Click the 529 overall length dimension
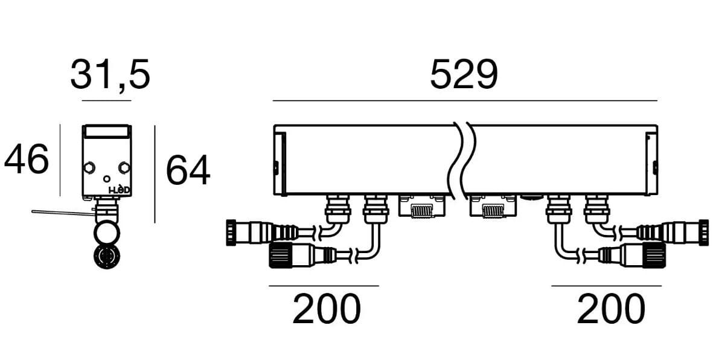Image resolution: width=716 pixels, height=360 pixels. point(464,76)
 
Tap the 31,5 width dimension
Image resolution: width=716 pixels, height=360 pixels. point(109,75)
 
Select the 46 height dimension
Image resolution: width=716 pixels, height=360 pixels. point(27,161)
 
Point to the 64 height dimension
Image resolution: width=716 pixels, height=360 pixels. point(188,170)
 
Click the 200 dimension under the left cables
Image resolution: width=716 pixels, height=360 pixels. point(326,309)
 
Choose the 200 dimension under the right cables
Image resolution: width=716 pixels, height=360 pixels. point(610,309)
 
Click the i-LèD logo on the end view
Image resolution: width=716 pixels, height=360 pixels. point(119,190)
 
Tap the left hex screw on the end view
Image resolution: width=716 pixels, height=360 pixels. point(89,167)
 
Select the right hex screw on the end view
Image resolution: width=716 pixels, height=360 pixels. point(124,167)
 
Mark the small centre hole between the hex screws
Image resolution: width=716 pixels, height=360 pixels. point(107,179)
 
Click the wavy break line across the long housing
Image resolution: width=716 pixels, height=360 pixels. point(462,160)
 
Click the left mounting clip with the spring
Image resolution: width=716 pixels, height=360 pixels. point(422,208)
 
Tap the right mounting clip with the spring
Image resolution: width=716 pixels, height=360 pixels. point(493,208)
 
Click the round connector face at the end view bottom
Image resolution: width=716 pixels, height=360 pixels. point(106,257)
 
